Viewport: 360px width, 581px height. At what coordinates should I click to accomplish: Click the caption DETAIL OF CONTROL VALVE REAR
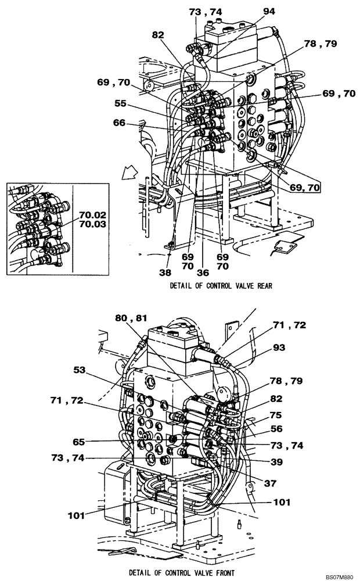point(221,285)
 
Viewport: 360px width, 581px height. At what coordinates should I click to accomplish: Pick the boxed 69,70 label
point(305,187)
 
